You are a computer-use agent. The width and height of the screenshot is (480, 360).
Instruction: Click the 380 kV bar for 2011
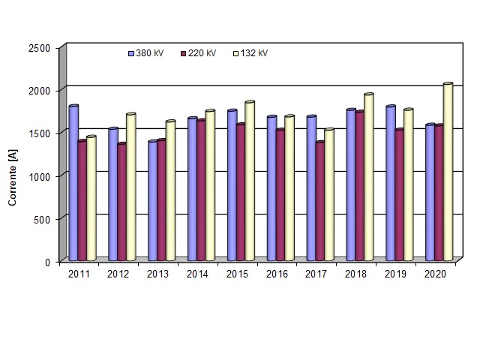(x=73, y=184)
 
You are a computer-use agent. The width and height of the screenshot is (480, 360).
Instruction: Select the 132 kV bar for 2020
(x=448, y=172)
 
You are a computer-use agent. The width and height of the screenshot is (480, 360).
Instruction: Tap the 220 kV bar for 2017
(x=320, y=202)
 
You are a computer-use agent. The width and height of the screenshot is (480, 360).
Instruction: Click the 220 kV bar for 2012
(x=121, y=202)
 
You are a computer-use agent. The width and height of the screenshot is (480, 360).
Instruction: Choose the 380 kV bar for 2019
(x=390, y=184)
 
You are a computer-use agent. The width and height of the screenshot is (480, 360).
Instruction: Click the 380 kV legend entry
(x=145, y=53)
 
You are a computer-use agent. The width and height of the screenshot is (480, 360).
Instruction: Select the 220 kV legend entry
(x=198, y=53)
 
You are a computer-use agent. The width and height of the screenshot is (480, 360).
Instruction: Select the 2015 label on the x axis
(x=236, y=274)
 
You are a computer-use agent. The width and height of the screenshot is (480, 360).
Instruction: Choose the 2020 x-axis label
(x=434, y=274)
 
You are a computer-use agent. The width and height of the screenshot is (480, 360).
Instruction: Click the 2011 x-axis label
(x=79, y=274)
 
